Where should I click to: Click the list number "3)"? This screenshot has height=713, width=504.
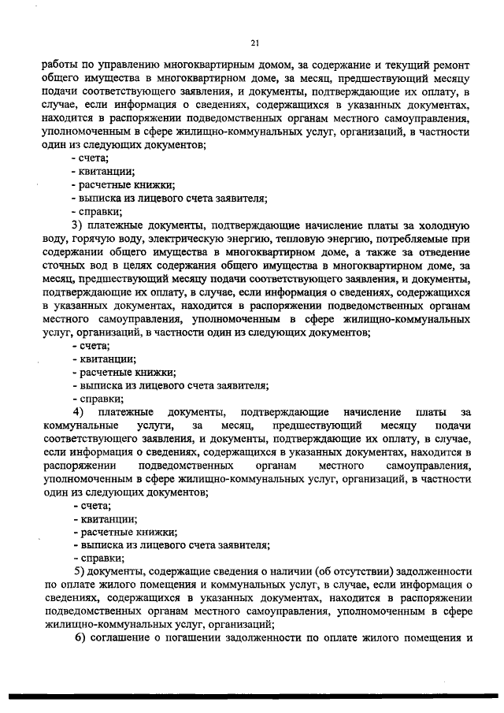79,225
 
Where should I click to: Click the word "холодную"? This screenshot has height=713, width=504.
447,225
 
